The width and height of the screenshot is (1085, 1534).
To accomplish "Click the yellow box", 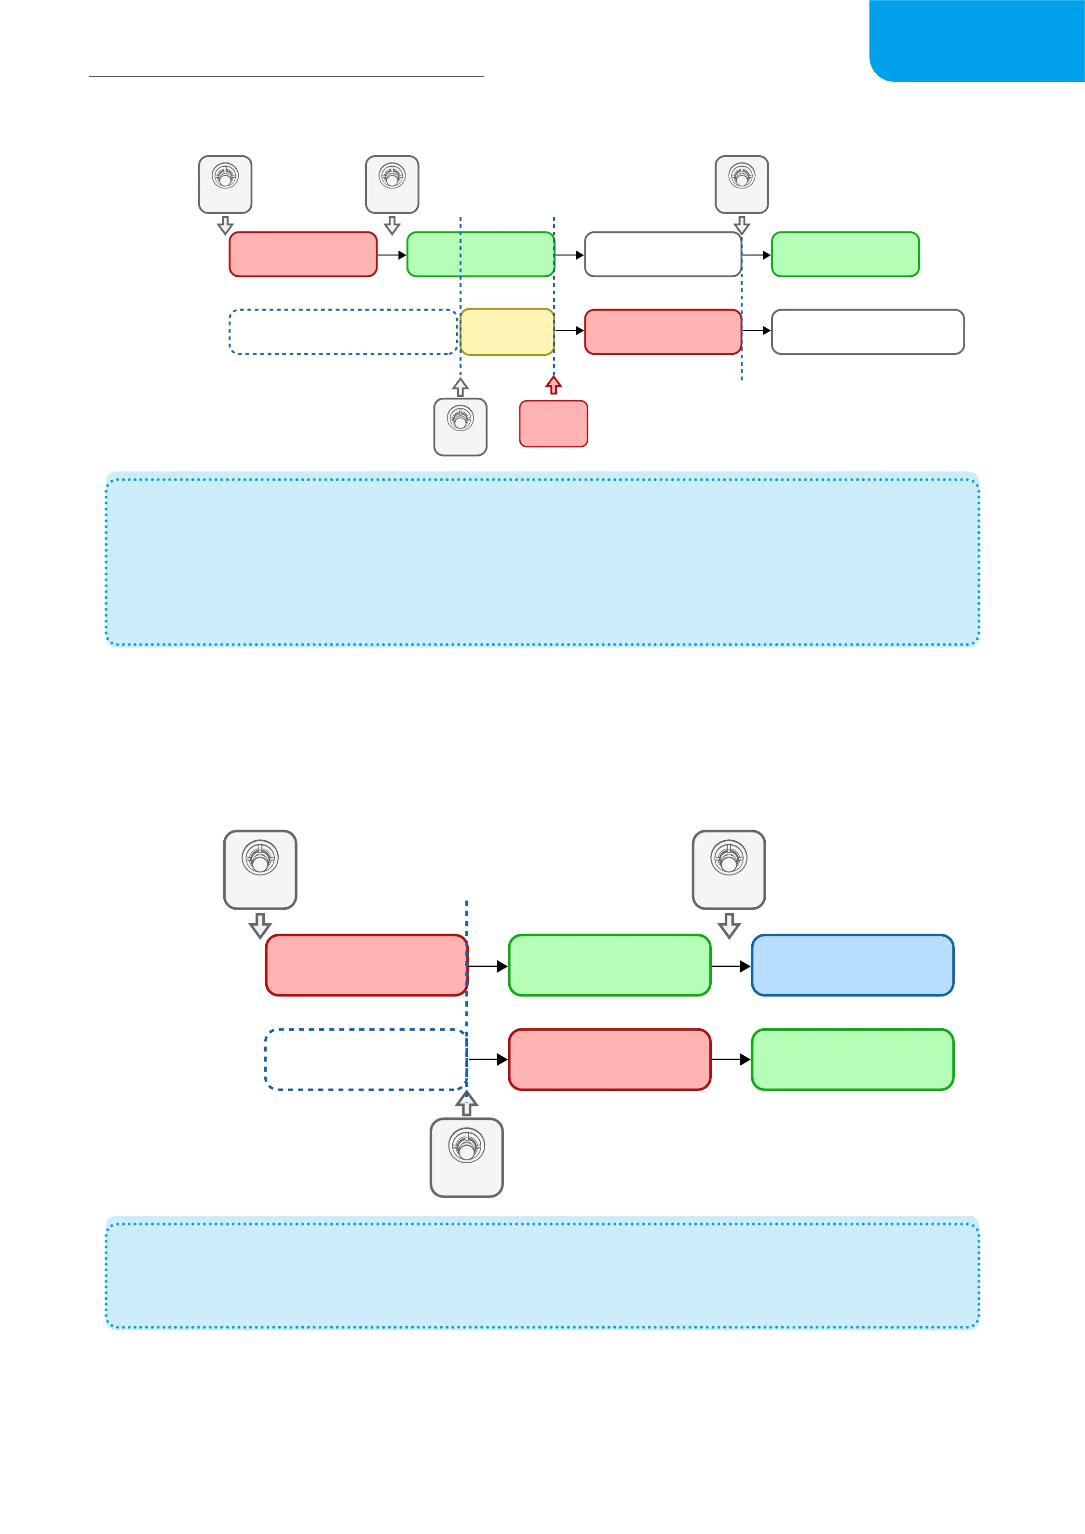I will click(506, 331).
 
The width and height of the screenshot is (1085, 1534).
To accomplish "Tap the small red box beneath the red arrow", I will click(553, 424).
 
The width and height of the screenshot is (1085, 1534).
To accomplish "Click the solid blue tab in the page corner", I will click(977, 40).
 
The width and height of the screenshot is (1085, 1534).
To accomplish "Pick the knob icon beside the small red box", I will click(461, 427).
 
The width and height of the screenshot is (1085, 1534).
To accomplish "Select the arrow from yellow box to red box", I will click(569, 331).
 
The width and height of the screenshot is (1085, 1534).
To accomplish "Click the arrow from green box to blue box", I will click(730, 966).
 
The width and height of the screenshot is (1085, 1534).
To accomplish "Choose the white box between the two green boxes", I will click(662, 254).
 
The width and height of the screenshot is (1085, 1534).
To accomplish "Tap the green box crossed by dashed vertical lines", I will click(480, 254).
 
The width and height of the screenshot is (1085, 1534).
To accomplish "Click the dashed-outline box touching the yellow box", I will click(343, 331).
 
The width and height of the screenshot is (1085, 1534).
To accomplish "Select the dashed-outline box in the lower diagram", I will click(366, 1060).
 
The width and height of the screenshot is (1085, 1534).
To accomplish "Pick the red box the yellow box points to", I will click(662, 331).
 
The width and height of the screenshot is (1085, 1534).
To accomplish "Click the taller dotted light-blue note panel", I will click(542, 559).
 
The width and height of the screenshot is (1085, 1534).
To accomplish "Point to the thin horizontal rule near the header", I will click(286, 77).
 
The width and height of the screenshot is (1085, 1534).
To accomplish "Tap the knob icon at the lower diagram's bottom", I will click(466, 1157).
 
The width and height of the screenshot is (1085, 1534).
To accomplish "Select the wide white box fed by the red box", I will click(867, 331).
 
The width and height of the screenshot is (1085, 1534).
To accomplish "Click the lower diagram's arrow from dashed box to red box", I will click(488, 1060).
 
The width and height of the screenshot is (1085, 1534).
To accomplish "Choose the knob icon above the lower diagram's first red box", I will click(260, 869).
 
